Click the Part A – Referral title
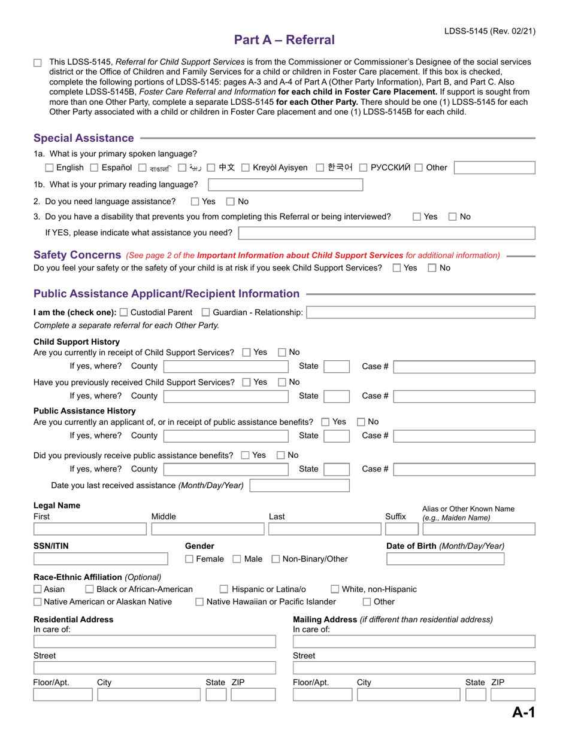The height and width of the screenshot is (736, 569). tap(284, 40)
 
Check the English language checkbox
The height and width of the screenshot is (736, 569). tap(50, 168)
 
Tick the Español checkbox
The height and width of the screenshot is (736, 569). tap(95, 168)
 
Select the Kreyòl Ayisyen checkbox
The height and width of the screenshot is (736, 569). tap(246, 168)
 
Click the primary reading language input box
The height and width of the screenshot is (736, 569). tap(285, 184)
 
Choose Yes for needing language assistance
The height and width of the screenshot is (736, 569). tap(195, 202)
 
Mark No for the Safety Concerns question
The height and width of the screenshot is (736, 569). tap(432, 268)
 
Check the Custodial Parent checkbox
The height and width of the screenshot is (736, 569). tap(123, 312)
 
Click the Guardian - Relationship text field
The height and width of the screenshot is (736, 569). tap(421, 312)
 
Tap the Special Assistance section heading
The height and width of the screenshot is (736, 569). tap(84, 138)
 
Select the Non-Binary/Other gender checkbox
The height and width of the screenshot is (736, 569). tap(276, 559)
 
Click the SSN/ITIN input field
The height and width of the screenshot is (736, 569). tap(101, 559)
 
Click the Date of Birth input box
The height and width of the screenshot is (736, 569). tap(445, 559)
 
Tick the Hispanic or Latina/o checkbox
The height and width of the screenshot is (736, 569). tap(224, 589)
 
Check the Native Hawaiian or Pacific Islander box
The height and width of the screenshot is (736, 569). tap(200, 602)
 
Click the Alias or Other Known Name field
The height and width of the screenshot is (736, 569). tap(477, 529)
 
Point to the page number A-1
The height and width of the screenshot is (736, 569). tap(523, 712)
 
